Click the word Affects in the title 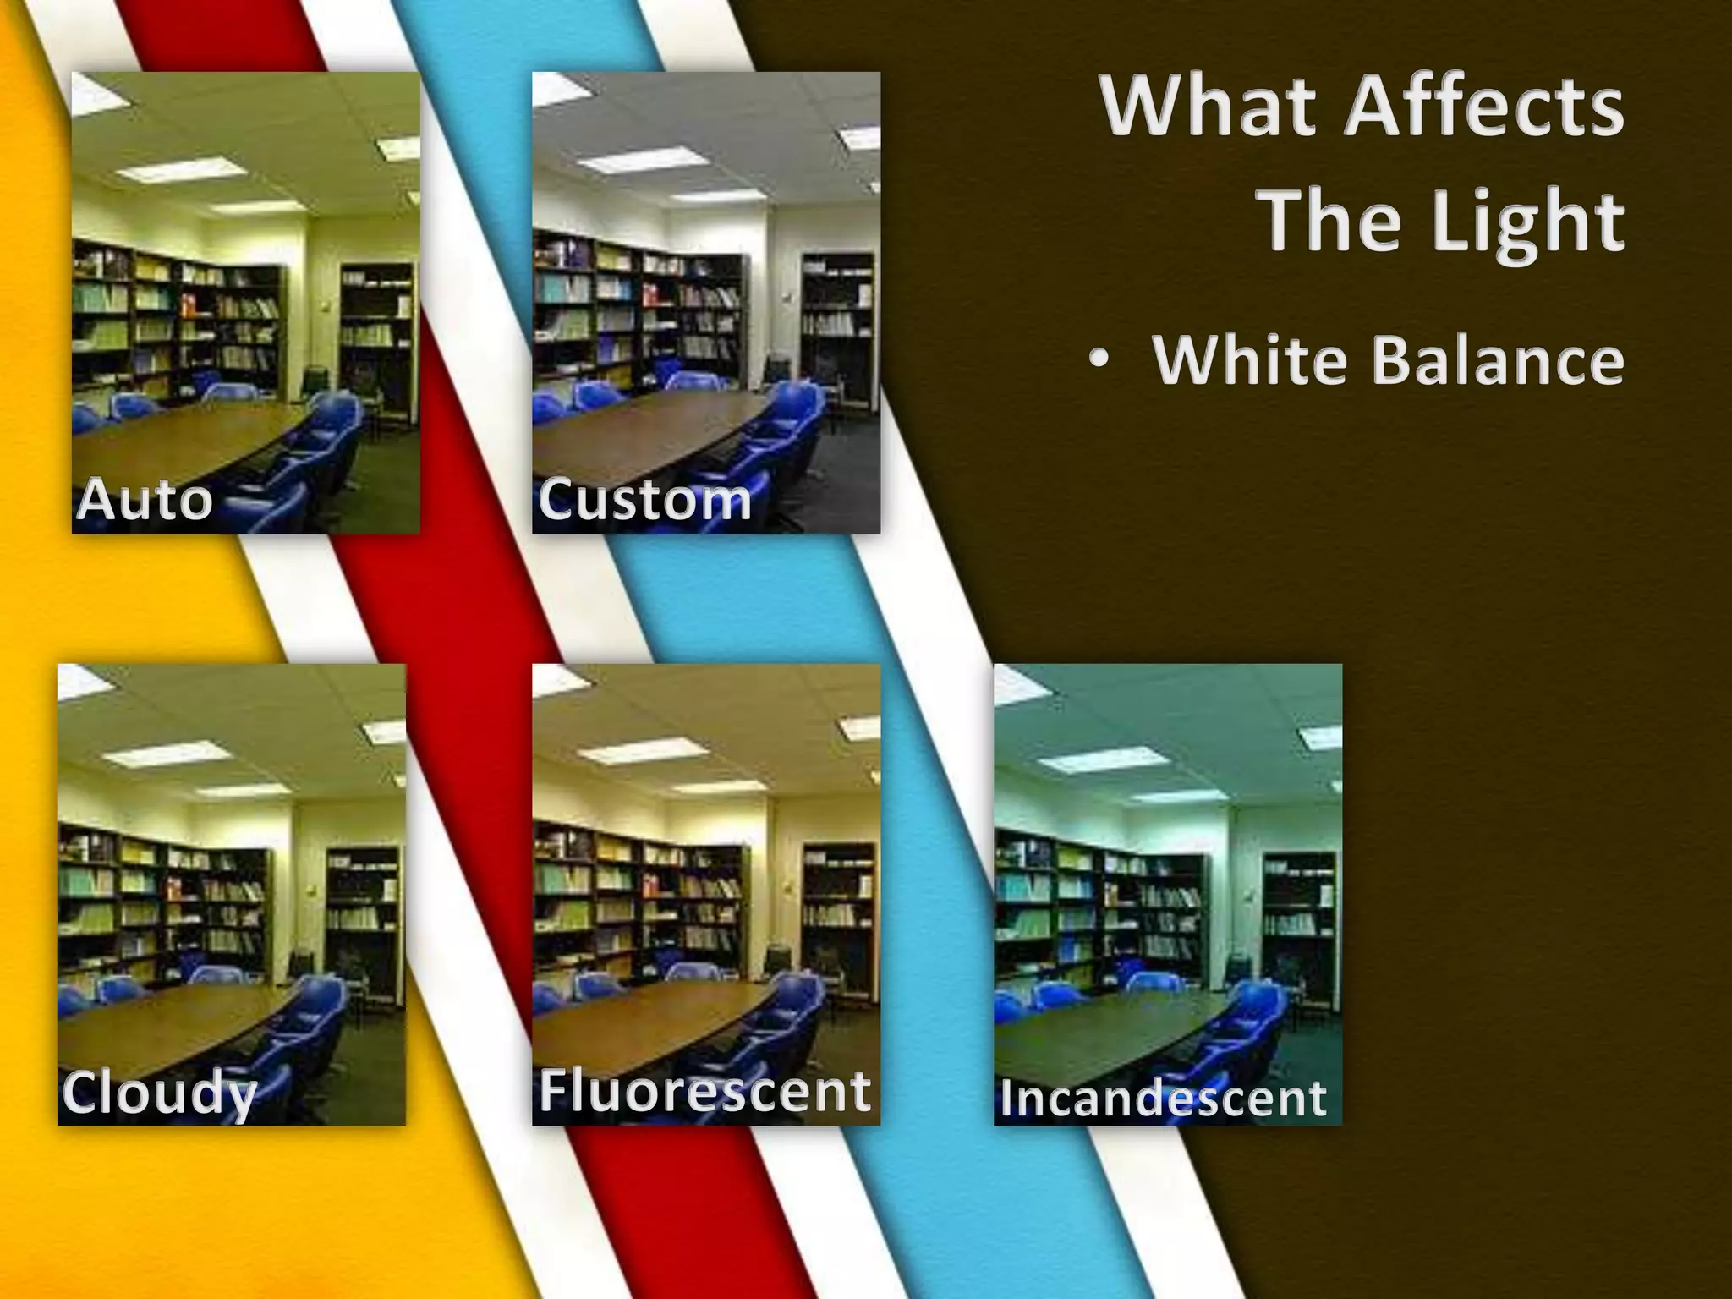1484,107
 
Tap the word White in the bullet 1249,361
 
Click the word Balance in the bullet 1497,361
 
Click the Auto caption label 145,499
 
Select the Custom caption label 644,499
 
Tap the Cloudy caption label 159,1093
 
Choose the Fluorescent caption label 704,1091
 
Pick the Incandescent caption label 1163,1099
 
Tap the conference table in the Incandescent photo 1099,1028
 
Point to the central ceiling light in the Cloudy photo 167,753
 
